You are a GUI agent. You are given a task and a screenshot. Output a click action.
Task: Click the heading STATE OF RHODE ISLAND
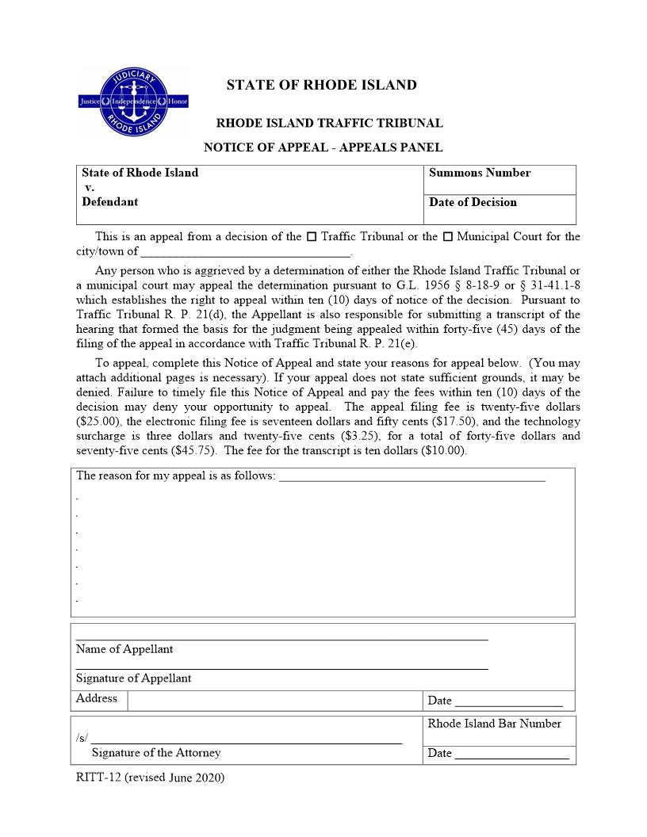[x=321, y=86]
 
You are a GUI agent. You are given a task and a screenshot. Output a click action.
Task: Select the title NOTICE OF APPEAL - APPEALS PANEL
[x=323, y=147]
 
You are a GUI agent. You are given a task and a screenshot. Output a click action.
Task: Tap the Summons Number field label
[x=479, y=173]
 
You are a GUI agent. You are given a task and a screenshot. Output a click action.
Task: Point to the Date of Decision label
[x=473, y=202]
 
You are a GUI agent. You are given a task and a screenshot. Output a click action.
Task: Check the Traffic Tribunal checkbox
[x=311, y=237]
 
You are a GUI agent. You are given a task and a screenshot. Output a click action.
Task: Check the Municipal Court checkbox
[x=447, y=237]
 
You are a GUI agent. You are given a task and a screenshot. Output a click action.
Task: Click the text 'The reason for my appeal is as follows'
[x=175, y=476]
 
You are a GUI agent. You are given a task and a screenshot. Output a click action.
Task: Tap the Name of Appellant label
[x=124, y=649]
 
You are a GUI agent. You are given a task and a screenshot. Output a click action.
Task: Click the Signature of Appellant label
[x=133, y=678]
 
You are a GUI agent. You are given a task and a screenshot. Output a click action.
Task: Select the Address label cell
[x=97, y=699]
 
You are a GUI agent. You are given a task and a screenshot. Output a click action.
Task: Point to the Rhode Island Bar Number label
[x=494, y=724]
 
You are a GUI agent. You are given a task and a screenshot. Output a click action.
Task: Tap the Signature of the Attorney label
[x=156, y=753]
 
